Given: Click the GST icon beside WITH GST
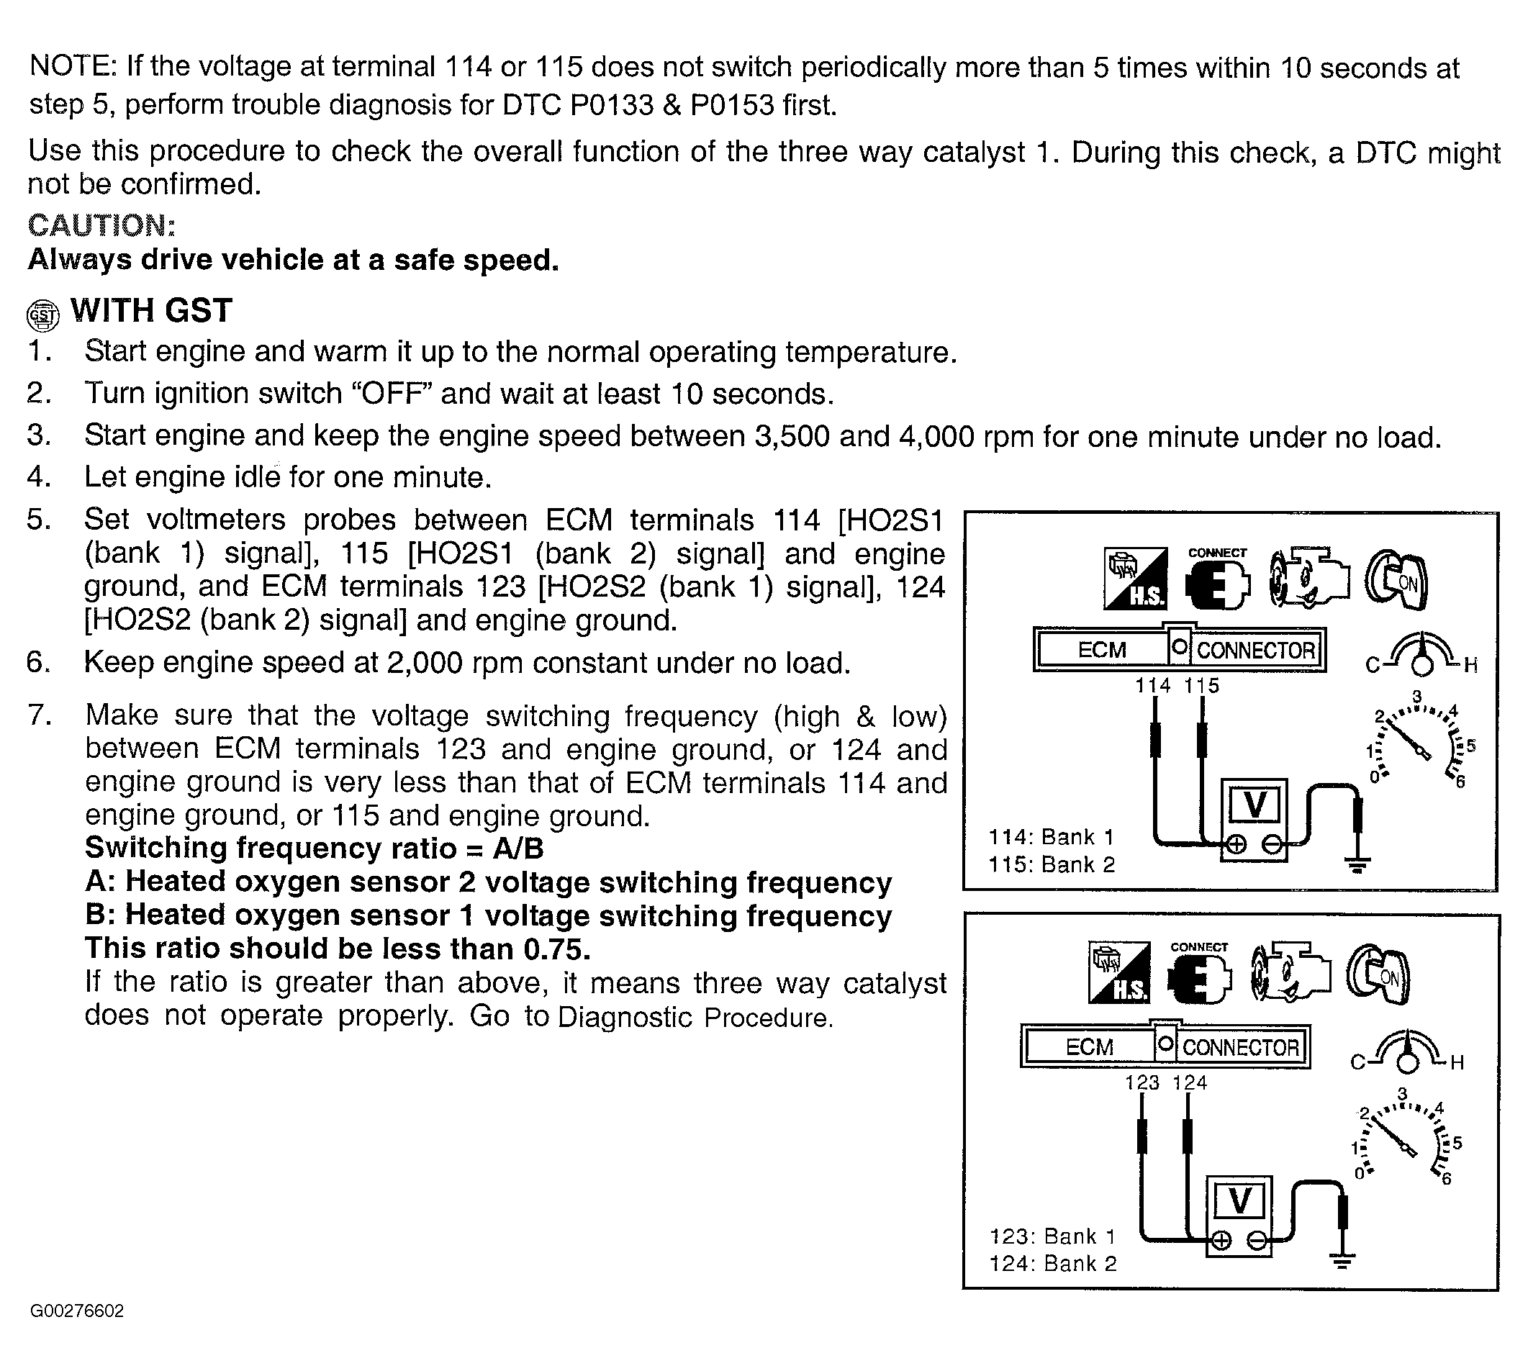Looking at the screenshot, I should pyautogui.click(x=42, y=316).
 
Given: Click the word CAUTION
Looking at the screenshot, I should pyautogui.click(x=101, y=225).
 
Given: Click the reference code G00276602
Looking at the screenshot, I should pyautogui.click(x=77, y=1311).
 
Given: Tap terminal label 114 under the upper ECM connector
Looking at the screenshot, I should pyautogui.click(x=1153, y=685).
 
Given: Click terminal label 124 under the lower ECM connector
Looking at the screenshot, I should pyautogui.click(x=1190, y=1082).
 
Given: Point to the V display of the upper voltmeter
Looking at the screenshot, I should pyautogui.click(x=1255, y=805).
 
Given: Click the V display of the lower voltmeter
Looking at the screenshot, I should pyautogui.click(x=1239, y=1201).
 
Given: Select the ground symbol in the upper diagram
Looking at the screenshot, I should pyautogui.click(x=1357, y=865).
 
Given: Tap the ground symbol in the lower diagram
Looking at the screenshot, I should pyautogui.click(x=1341, y=1260).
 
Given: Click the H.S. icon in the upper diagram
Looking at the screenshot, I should pyautogui.click(x=1136, y=579).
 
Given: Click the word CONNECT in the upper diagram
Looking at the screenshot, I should pyautogui.click(x=1217, y=552).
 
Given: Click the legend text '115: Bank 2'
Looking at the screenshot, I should pyautogui.click(x=1051, y=865).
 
